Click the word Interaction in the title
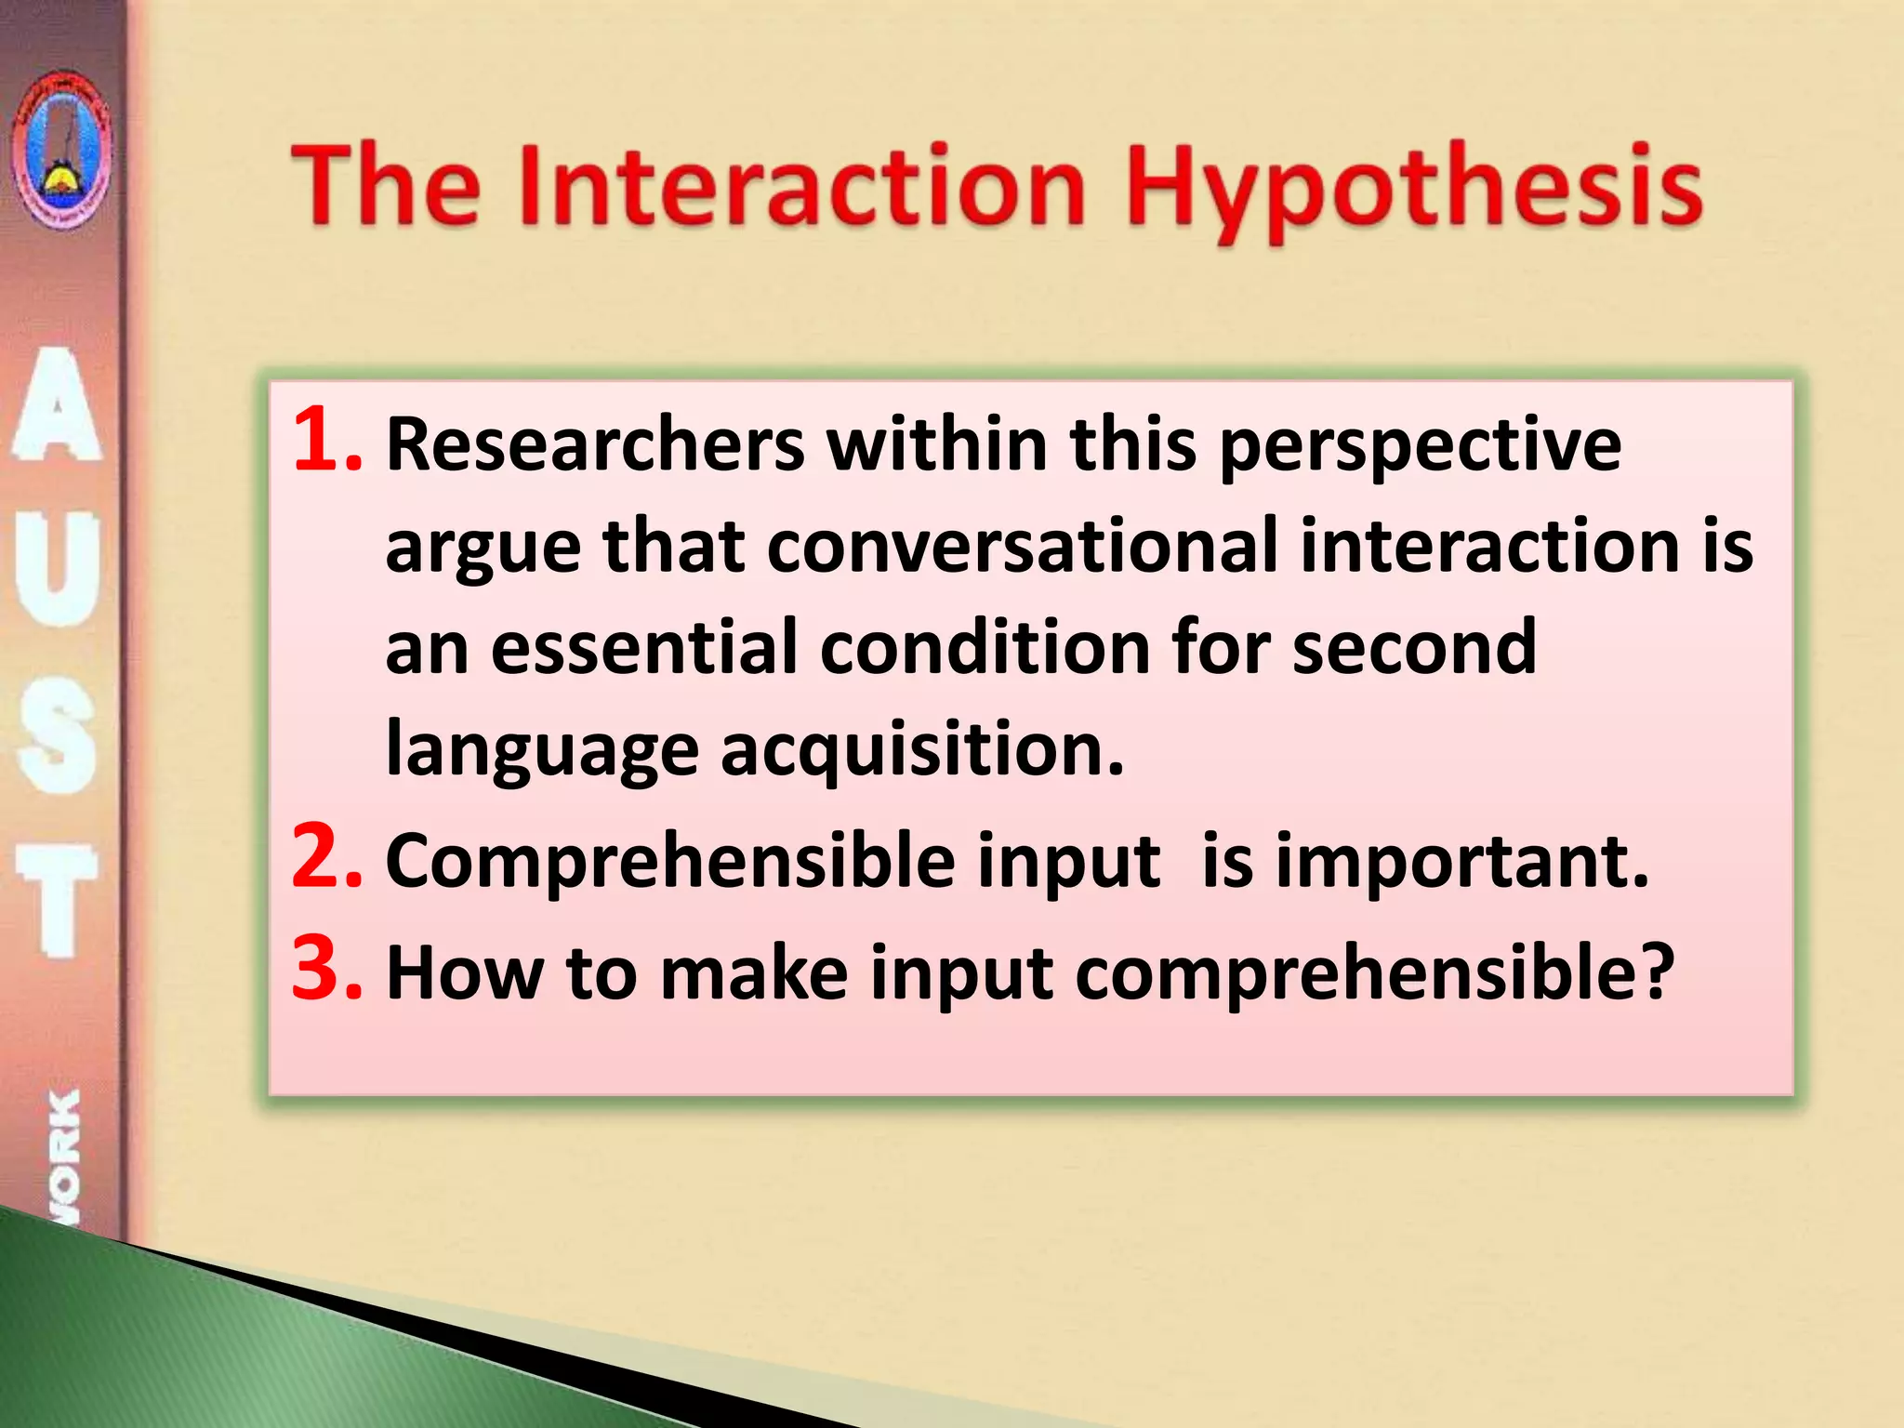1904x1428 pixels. point(801,186)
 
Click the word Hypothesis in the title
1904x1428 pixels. point(1413,191)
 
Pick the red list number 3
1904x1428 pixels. point(325,969)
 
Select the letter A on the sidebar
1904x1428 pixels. point(58,405)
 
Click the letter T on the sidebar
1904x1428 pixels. point(58,898)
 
